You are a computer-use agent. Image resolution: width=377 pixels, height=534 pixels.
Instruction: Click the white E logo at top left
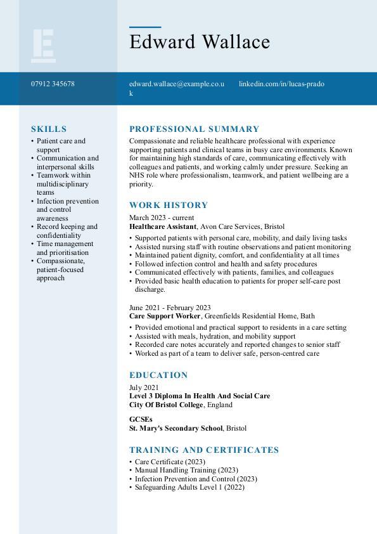[43, 46]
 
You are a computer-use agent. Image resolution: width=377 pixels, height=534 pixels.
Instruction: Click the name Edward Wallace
[200, 42]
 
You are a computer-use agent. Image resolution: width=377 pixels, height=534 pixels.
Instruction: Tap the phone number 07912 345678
[53, 84]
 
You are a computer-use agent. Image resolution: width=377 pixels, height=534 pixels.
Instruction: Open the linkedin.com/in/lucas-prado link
[281, 84]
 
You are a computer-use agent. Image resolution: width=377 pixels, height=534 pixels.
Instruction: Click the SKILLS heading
[49, 129]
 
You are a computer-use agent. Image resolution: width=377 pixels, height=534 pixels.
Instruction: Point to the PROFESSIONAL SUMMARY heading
[195, 129]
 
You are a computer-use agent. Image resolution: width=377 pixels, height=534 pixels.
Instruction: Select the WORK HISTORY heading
[169, 205]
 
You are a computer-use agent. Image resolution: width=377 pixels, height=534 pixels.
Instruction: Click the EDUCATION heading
[158, 375]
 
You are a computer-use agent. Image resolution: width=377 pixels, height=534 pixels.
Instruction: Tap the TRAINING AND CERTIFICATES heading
[204, 450]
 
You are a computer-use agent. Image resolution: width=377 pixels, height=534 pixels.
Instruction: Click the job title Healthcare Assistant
[163, 226]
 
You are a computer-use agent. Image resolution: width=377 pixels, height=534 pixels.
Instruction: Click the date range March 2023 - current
[162, 218]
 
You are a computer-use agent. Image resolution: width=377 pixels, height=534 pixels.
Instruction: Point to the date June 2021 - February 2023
[170, 307]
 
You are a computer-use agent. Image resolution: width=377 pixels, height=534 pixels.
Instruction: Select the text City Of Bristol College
[166, 405]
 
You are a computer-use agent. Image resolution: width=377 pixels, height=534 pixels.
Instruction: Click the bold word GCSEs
[141, 419]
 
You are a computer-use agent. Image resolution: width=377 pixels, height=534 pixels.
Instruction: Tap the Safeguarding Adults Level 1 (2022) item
[189, 488]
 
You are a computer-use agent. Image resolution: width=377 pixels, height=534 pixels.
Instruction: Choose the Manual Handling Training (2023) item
[186, 471]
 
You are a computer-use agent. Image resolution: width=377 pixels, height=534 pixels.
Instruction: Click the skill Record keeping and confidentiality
[67, 231]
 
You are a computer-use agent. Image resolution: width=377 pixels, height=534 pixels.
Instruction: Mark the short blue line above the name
[145, 27]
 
